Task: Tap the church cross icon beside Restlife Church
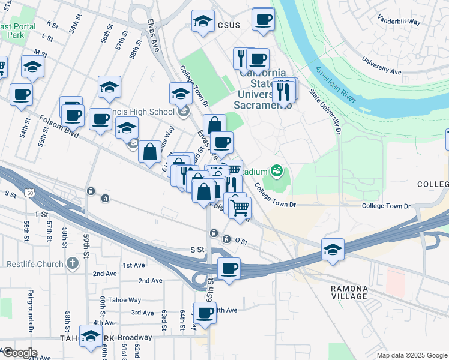(72, 263)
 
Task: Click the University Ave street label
(381, 65)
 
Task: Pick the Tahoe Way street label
(126, 300)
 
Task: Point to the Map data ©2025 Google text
(411, 355)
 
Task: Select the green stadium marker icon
(276, 172)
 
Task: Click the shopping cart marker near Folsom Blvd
(240, 208)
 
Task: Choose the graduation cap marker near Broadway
(91, 337)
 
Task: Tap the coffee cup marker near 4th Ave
(205, 313)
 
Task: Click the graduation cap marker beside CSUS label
(203, 21)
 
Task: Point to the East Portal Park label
(18, 31)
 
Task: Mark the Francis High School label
(146, 112)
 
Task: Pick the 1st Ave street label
(134, 265)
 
